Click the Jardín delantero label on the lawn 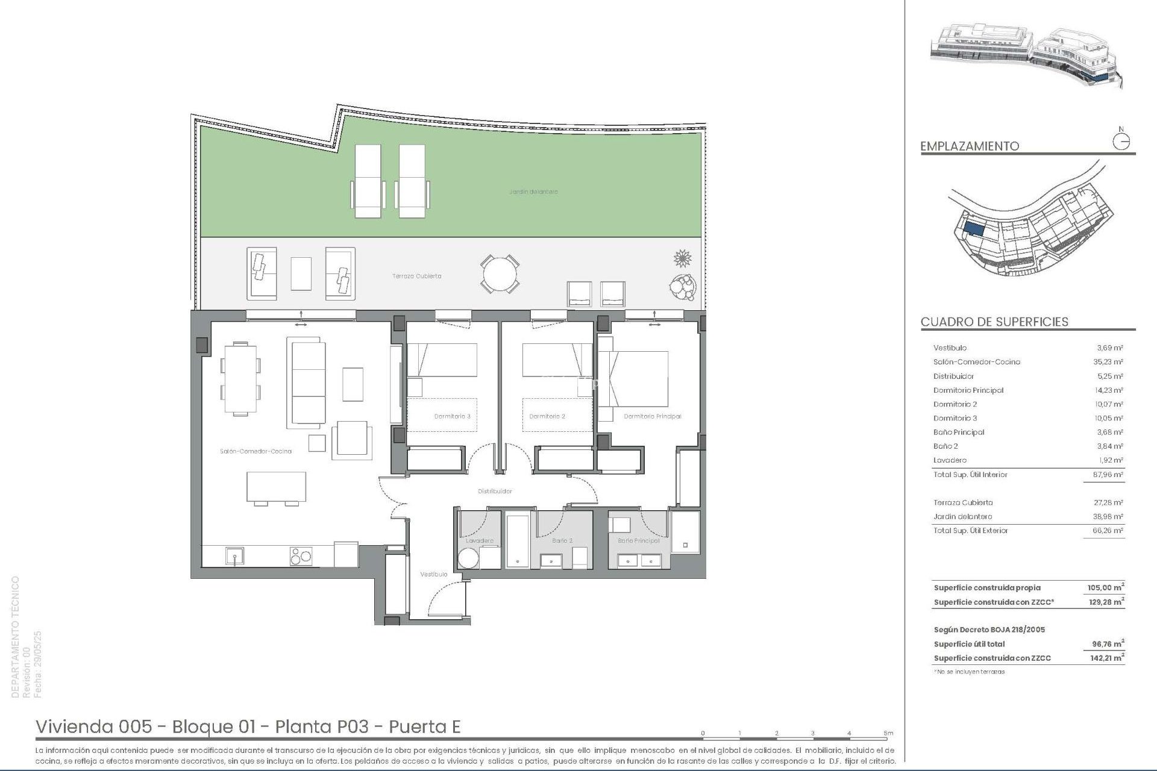[533, 192]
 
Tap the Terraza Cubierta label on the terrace [417, 276]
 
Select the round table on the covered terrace [500, 273]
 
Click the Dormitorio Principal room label [652, 416]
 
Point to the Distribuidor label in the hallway [495, 491]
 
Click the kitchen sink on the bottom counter [234, 555]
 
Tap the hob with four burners [301, 555]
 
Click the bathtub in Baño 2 [517, 540]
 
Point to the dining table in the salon [240, 379]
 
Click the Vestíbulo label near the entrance [433, 574]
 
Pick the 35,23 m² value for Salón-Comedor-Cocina [1109, 362]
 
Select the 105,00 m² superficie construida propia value [1106, 587]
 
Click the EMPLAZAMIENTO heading [970, 146]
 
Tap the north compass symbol [1121, 142]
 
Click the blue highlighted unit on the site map [974, 229]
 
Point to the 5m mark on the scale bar [888, 734]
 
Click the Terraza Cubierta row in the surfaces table [963, 502]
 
